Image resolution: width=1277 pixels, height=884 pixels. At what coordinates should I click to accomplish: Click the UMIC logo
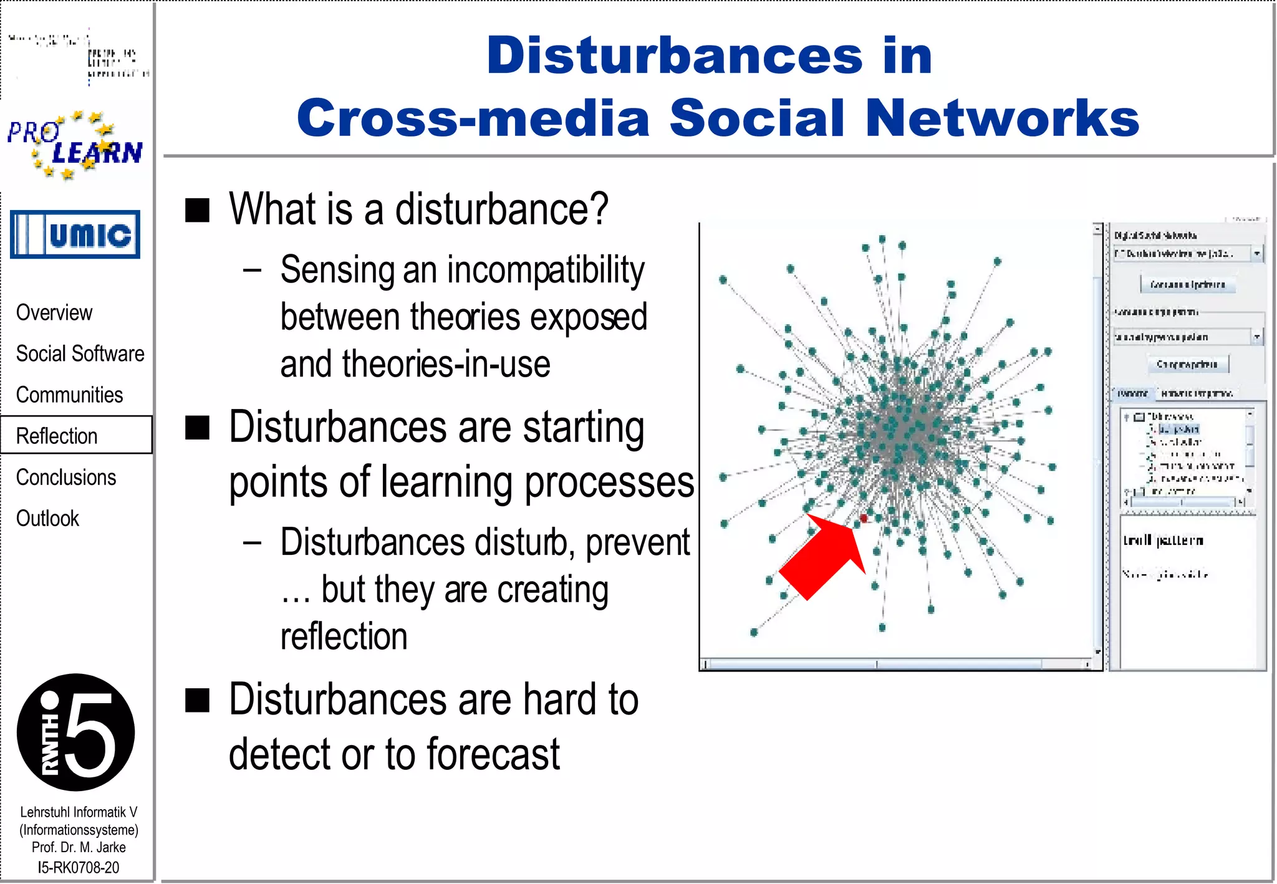click(x=75, y=234)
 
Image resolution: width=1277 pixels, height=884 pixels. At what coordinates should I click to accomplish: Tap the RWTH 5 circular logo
click(x=75, y=732)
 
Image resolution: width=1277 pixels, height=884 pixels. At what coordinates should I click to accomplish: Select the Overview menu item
click(x=54, y=312)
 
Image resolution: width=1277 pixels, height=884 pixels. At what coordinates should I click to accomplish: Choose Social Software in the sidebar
click(x=80, y=353)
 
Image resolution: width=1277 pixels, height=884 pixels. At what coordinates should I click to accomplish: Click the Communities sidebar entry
click(x=69, y=395)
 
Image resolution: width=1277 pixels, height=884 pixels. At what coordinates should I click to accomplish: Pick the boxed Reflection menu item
click(x=57, y=436)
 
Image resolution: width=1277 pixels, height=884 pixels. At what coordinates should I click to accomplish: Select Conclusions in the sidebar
click(x=66, y=477)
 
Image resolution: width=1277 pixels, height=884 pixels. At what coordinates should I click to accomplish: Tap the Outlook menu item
click(x=47, y=518)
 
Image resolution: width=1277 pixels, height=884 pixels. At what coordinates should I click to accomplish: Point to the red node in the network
click(x=864, y=519)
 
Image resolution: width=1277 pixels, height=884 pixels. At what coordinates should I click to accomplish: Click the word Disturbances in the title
click(x=674, y=56)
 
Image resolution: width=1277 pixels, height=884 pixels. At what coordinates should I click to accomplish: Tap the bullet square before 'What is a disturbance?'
click(x=197, y=210)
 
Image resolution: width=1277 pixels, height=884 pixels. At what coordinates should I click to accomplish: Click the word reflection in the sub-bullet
click(x=344, y=637)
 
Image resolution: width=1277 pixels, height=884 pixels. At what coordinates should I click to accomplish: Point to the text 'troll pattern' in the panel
click(x=1163, y=540)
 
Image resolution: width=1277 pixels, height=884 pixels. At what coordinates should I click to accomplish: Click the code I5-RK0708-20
click(x=79, y=867)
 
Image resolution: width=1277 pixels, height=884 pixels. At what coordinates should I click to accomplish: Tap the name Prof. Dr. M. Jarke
click(x=79, y=847)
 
